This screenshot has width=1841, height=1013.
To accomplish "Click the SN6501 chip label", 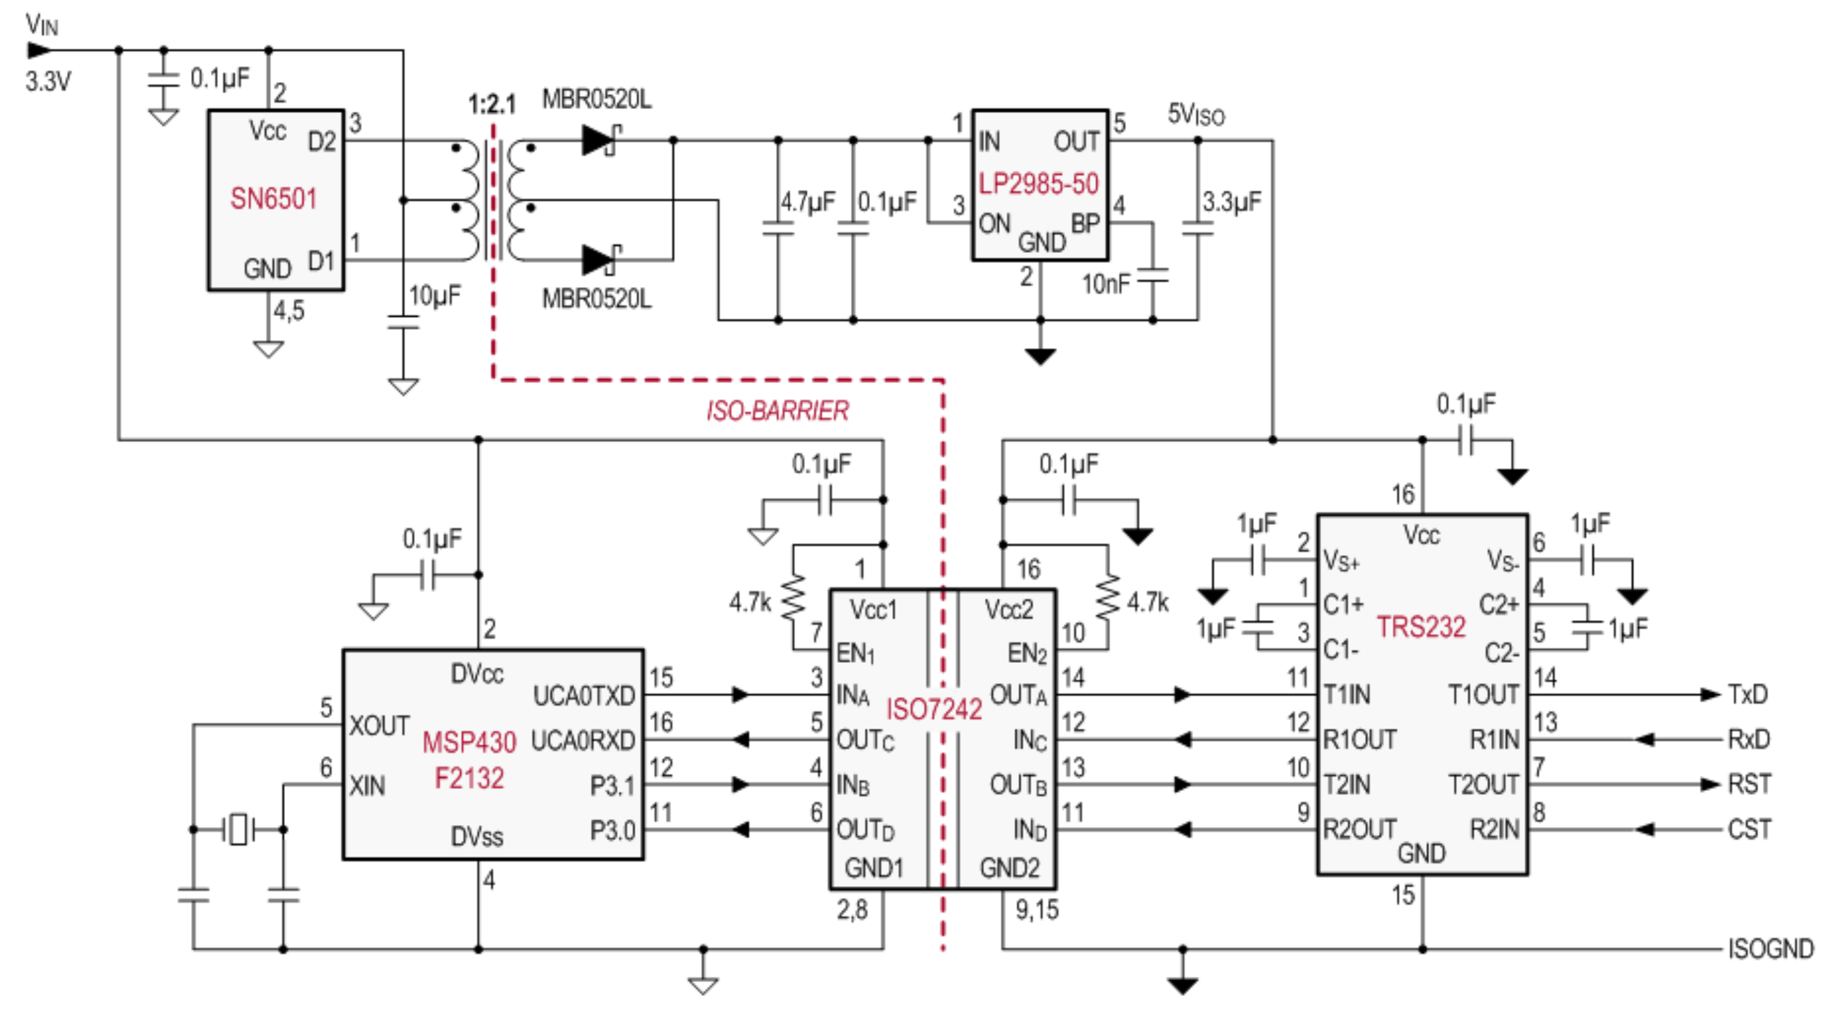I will click(x=273, y=198).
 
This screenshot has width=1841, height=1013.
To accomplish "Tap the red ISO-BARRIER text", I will click(x=777, y=411).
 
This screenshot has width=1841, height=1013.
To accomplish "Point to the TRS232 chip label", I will click(x=1420, y=626).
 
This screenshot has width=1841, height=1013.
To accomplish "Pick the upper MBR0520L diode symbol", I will click(x=599, y=140).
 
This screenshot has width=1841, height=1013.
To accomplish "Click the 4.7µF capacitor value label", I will click(x=808, y=202).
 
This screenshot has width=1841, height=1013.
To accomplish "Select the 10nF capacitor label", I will click(x=1106, y=284).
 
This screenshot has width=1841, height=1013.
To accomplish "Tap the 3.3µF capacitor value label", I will click(x=1232, y=202).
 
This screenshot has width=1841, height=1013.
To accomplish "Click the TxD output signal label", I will click(x=1748, y=694).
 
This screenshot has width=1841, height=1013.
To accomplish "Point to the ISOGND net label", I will click(x=1770, y=949).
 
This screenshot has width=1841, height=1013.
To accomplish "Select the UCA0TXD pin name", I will click(x=584, y=696).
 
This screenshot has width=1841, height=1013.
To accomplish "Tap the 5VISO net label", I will click(x=1195, y=114).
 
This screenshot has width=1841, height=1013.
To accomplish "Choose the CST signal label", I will click(x=1749, y=829).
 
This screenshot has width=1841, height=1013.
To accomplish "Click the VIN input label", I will click(x=42, y=25).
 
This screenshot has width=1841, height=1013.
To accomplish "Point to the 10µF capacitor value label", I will click(x=434, y=295).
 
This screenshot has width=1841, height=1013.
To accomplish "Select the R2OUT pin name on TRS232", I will click(x=1359, y=829).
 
